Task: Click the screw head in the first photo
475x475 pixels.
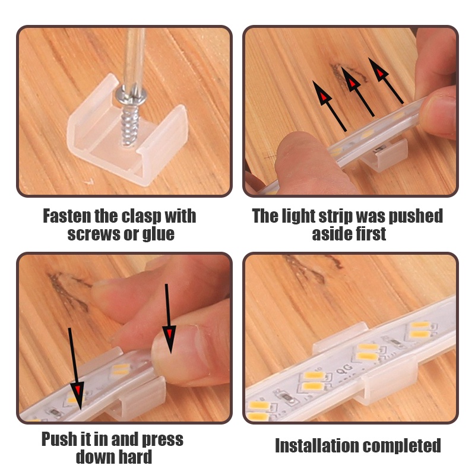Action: (x=131, y=96)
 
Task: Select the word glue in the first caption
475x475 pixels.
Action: (x=159, y=234)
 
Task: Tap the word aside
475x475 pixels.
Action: (x=331, y=234)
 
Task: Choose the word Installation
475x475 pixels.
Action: (x=316, y=446)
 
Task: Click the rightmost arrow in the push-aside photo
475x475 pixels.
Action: (x=386, y=81)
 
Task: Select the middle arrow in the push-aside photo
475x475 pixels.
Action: (x=358, y=92)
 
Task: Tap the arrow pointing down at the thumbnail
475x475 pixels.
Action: (x=169, y=319)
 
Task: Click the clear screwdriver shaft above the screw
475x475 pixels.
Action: (x=134, y=58)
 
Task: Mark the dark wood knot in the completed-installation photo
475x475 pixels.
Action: (x=309, y=268)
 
